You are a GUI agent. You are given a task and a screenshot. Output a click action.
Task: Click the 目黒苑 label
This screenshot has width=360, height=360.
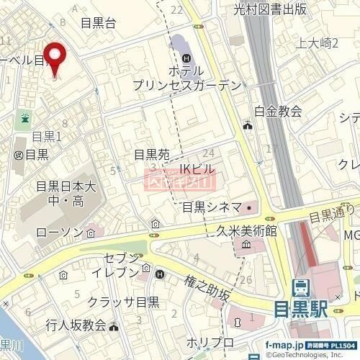tap(152, 155)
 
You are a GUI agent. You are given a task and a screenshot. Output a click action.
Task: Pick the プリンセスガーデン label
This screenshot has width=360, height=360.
tap(186, 86)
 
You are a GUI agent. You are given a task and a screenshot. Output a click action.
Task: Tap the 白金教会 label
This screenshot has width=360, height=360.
tap(278, 111)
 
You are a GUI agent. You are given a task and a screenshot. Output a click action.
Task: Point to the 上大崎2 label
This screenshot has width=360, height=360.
tap(318, 43)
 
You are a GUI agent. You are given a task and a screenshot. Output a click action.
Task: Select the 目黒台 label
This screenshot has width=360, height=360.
tap(98, 23)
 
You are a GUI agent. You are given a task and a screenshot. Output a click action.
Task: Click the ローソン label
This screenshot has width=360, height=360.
tap(60, 233)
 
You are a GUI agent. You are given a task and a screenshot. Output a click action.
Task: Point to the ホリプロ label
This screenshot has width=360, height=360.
tap(210, 341)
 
